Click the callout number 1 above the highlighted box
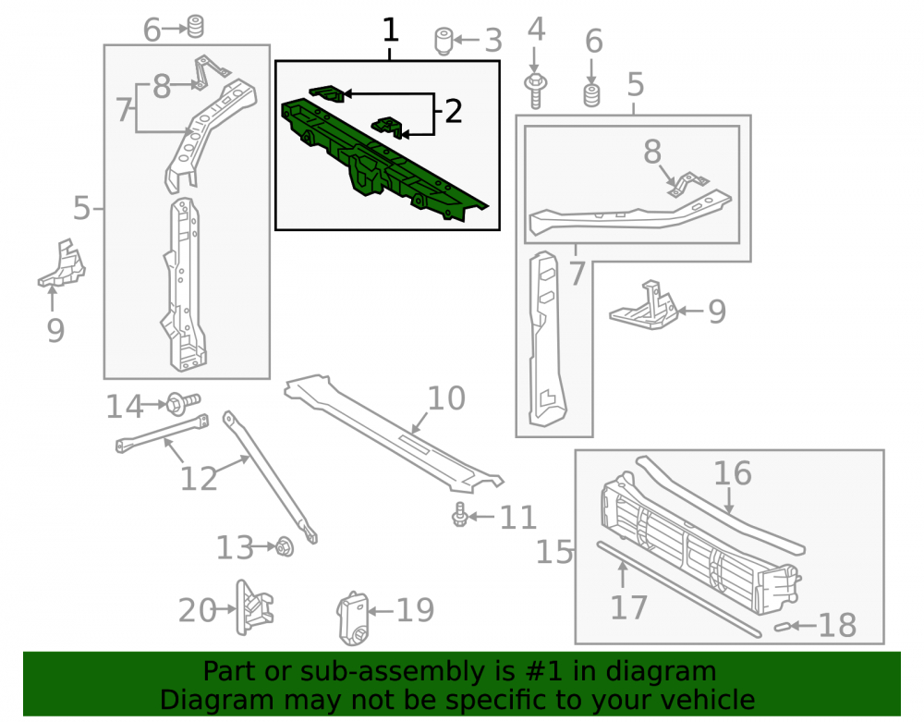coord(390,31)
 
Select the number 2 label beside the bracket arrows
coord(453,111)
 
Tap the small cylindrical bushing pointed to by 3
coord(444,42)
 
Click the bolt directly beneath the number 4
coord(535,91)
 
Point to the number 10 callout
coord(446,398)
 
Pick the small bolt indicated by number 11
coord(459,515)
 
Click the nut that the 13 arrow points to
coord(286,547)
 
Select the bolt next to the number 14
coord(183,402)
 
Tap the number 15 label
coord(553,552)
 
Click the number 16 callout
coord(733,473)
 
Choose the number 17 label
coord(628,607)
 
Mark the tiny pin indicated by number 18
coord(782,627)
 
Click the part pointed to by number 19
coord(352,618)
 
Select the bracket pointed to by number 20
coord(255,607)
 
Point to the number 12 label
coord(199,479)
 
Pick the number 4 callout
coord(536,30)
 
